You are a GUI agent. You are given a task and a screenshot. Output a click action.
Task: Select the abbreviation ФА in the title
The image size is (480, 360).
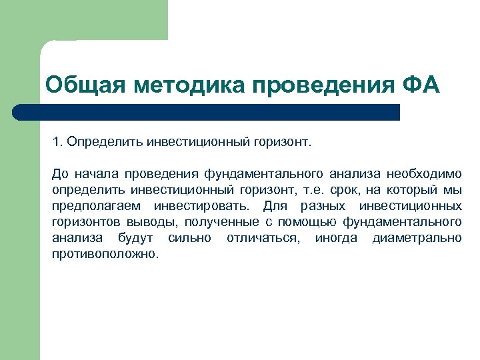pyautogui.click(x=421, y=86)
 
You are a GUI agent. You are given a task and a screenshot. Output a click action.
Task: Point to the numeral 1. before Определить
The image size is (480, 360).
pyautogui.click(x=58, y=142)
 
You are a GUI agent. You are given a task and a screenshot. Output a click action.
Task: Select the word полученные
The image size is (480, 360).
pyautogui.click(x=217, y=222)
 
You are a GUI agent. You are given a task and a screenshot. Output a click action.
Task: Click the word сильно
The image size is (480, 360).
pyautogui.click(x=190, y=238)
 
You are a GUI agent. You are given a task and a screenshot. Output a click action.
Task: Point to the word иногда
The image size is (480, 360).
pyautogui.click(x=337, y=238)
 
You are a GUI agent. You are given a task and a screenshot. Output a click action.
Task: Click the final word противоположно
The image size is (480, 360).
pyautogui.click(x=105, y=254)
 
